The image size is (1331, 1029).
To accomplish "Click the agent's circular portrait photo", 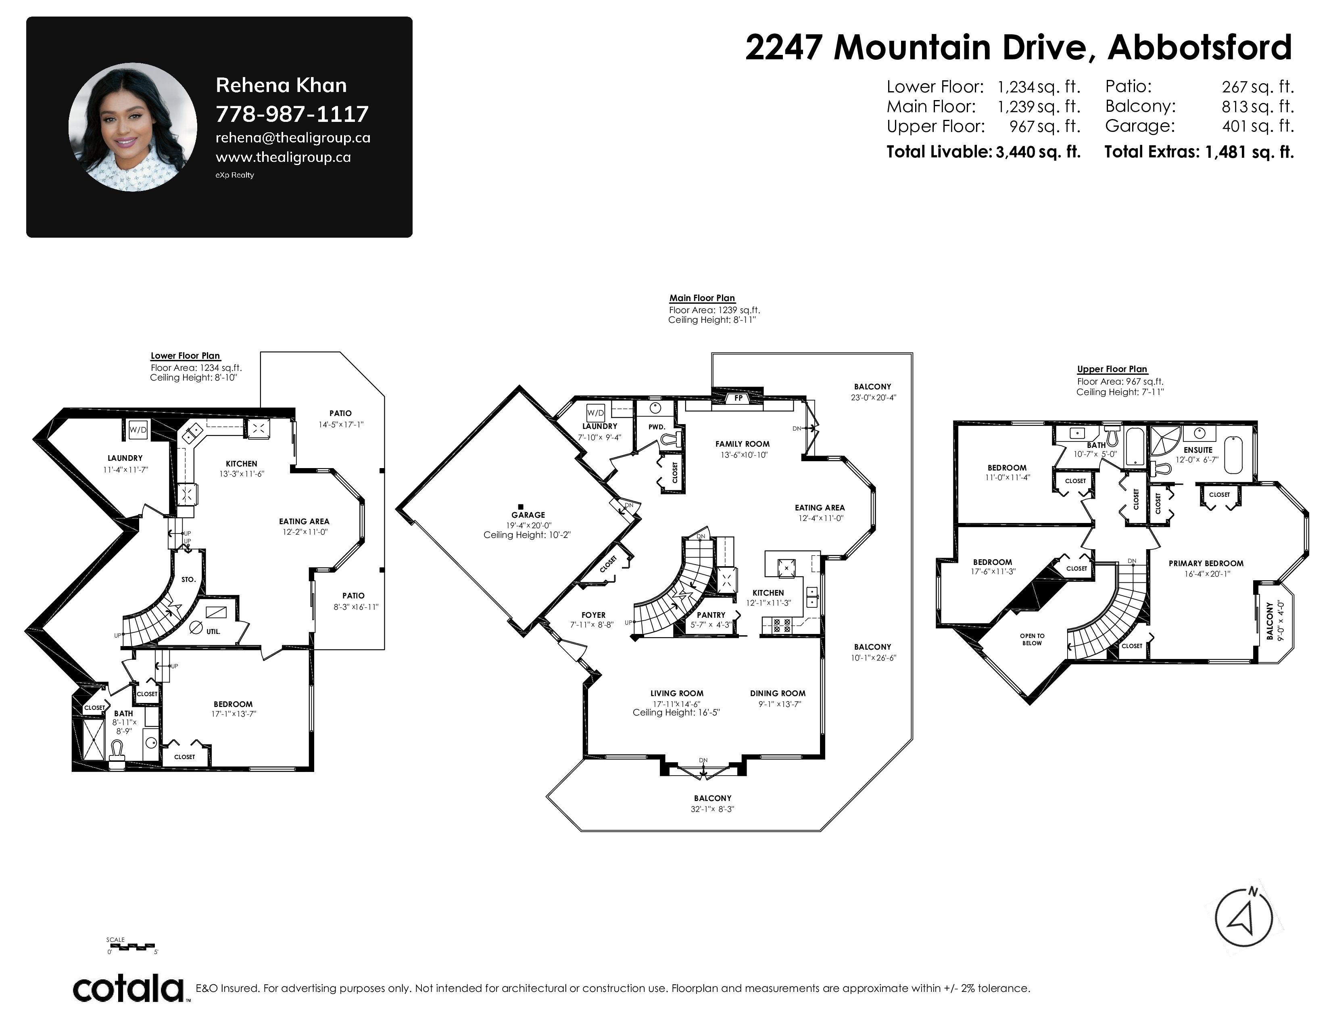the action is (133, 127).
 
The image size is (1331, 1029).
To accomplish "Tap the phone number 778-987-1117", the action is (292, 114).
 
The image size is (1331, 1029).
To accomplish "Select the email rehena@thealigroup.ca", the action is (292, 138).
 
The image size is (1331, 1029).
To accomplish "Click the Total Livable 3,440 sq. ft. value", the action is (1038, 152).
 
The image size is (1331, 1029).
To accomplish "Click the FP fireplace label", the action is (738, 398).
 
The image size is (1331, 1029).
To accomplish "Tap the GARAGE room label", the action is (528, 515).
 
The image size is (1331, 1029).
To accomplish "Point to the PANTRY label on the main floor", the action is (711, 615).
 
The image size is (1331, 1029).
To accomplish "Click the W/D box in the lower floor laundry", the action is (138, 430).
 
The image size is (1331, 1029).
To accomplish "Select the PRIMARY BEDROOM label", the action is (1206, 563).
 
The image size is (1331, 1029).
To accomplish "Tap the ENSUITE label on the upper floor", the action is (1198, 450).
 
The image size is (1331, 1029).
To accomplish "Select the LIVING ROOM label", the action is (676, 693).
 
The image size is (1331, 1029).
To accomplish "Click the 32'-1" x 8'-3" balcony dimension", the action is (712, 809).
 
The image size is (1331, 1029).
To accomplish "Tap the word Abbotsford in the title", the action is (1200, 48).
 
